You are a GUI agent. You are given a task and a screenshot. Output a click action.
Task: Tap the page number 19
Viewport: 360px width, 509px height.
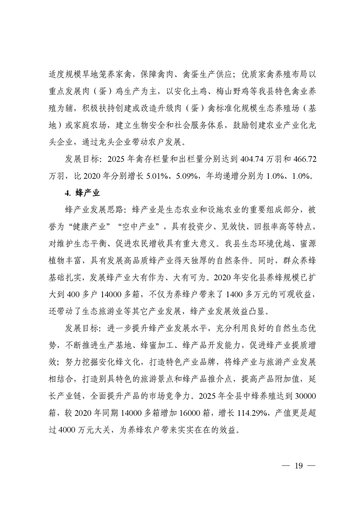(298, 466)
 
